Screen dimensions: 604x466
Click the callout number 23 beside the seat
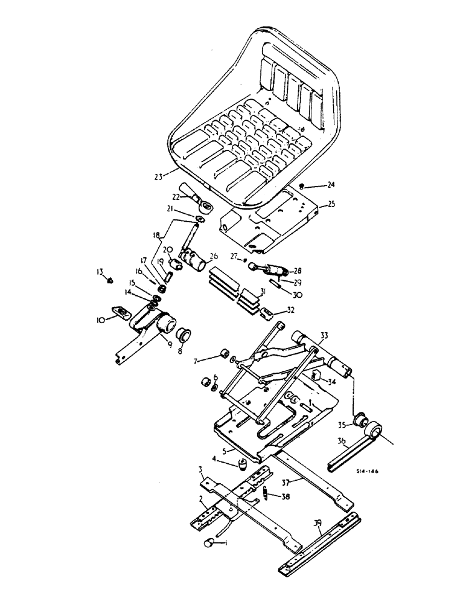pos(159,177)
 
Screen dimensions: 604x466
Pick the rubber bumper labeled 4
pos(243,466)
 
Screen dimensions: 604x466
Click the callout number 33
pos(324,336)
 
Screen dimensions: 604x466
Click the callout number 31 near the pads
pos(262,292)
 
